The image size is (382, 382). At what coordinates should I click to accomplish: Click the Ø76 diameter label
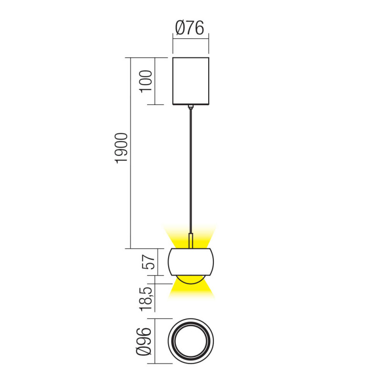(x=190, y=28)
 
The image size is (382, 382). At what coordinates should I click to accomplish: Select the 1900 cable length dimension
(x=122, y=149)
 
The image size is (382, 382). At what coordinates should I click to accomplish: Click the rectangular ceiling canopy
(x=191, y=81)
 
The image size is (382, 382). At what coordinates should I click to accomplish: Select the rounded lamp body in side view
(x=191, y=262)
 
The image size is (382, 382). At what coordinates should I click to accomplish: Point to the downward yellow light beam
(x=191, y=292)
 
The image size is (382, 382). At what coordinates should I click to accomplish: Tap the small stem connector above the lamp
(x=191, y=241)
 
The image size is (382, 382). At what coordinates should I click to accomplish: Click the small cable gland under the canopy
(x=191, y=107)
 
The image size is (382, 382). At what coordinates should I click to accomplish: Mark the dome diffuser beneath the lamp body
(x=191, y=279)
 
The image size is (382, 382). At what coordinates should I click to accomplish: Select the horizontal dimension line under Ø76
(x=191, y=40)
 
